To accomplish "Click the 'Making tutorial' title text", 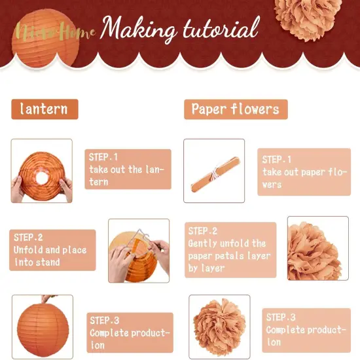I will pyautogui.click(x=180, y=29).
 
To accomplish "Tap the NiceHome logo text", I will pyautogui.click(x=56, y=31).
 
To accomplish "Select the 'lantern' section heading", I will pyautogui.click(x=44, y=109).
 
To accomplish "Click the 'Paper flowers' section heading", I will pyautogui.click(x=236, y=109).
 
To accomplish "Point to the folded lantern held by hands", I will pyautogui.click(x=42, y=171).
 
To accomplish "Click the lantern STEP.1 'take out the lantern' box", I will pyautogui.click(x=128, y=169).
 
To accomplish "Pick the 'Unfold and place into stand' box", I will pyautogui.click(x=52, y=249).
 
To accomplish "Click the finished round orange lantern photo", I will pyautogui.click(x=42, y=326).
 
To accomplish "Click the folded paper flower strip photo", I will pyautogui.click(x=214, y=171).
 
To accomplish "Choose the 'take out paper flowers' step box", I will pyautogui.click(x=304, y=171).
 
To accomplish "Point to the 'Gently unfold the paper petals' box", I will pyautogui.click(x=230, y=249).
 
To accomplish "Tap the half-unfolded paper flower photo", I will pyautogui.click(x=318, y=249).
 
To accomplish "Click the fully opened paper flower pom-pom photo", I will pyautogui.click(x=219, y=326).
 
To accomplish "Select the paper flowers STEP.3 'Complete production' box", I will pyautogui.click(x=305, y=329).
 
